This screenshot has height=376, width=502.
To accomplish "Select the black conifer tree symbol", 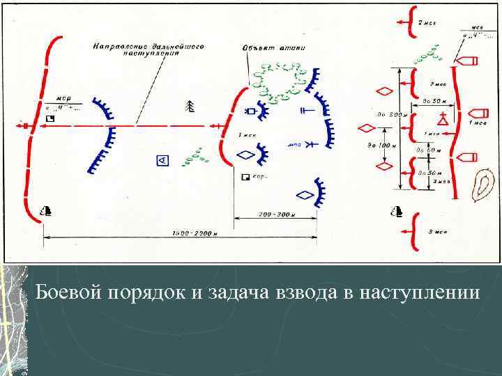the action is click(x=190, y=106).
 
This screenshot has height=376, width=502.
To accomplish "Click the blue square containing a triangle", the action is click(x=162, y=161).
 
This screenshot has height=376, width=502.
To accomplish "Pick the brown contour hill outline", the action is click(x=482, y=185).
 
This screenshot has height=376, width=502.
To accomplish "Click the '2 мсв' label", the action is click(x=426, y=23).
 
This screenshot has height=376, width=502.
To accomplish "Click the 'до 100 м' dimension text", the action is click(x=388, y=146).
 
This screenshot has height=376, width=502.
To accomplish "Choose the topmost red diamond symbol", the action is click(x=383, y=91).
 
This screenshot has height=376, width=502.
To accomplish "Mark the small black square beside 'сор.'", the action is click(x=244, y=178).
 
